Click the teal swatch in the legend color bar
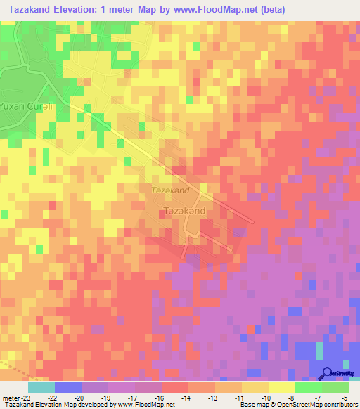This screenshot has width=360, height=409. coord(41,387)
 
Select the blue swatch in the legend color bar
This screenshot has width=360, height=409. coord(67,387)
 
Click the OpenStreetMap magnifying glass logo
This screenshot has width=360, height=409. coord(328,374)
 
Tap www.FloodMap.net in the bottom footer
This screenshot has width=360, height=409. coord(141,405)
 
